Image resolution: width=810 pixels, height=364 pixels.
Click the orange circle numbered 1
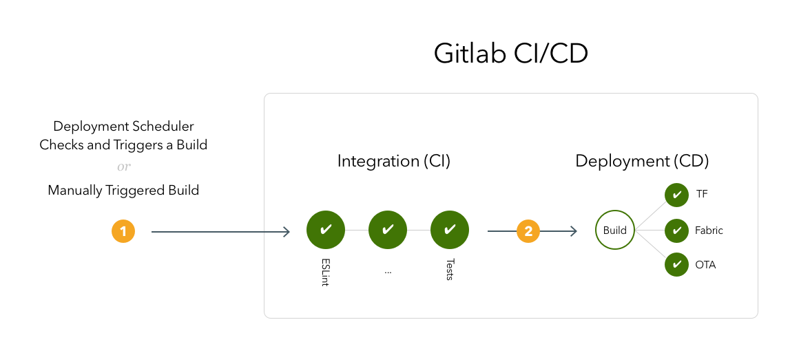[x=123, y=231]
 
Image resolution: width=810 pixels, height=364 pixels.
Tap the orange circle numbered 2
[x=528, y=231]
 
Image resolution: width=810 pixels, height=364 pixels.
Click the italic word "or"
[x=123, y=167]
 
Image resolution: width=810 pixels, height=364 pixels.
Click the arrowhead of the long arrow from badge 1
[x=287, y=232]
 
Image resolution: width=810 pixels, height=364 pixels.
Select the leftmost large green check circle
[x=326, y=230]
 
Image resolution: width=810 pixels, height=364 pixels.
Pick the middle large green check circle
[x=388, y=230]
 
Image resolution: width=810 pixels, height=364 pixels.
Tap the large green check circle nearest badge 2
[x=450, y=230]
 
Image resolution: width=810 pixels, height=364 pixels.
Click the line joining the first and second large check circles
[x=357, y=230]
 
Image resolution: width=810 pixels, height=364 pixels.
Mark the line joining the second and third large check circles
[x=419, y=230]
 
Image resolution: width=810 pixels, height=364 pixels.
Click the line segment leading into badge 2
[x=501, y=231]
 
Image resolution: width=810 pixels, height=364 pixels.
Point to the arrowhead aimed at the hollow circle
[x=573, y=231]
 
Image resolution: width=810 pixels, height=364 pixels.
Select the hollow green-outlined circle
[x=614, y=230]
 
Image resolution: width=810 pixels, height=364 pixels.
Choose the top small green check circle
[x=676, y=195]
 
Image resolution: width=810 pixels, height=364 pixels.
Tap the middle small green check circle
[x=676, y=230]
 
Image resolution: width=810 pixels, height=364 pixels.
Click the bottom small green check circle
[x=676, y=264]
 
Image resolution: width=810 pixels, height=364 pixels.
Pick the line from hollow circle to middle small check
[x=650, y=230]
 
